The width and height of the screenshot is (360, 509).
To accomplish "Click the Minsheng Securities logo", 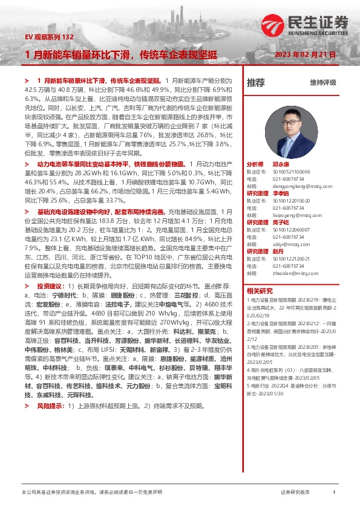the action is click(x=305, y=26).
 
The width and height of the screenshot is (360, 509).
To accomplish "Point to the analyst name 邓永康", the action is click(x=281, y=164).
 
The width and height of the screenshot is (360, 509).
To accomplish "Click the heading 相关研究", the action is click(x=260, y=290).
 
